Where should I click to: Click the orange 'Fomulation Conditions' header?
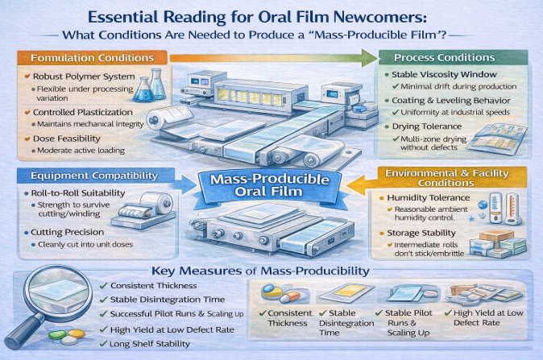pyautogui.click(x=92, y=58)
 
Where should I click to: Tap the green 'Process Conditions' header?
pyautogui.click(x=453, y=57)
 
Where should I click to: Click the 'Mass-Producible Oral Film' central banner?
pyautogui.click(x=269, y=185)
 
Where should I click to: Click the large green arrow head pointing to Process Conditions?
pyautogui.click(x=369, y=58)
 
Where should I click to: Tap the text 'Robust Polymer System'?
pyautogui.click(x=84, y=77)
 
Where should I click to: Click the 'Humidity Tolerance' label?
pyautogui.click(x=429, y=197)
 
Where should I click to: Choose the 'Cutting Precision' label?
pyautogui.click(x=67, y=232)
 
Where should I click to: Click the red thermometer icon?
pyautogui.click(x=512, y=209)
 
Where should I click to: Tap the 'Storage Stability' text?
pyautogui.click(x=421, y=233)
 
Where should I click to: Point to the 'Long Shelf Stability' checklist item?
pyautogui.click(x=150, y=344)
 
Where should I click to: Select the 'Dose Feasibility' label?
pyautogui.click(x=67, y=139)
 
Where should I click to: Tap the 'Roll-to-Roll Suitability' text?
pyautogui.click(x=78, y=192)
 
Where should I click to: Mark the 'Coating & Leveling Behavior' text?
pyautogui.click(x=451, y=101)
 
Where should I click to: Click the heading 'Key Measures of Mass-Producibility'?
pyautogui.click(x=260, y=271)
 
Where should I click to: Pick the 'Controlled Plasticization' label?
pyautogui.click(x=83, y=112)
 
